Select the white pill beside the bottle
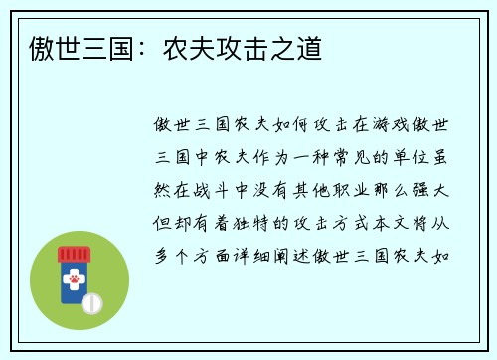[x=92, y=301]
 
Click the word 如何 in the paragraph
[x=295, y=125]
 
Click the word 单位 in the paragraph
[x=417, y=157]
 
